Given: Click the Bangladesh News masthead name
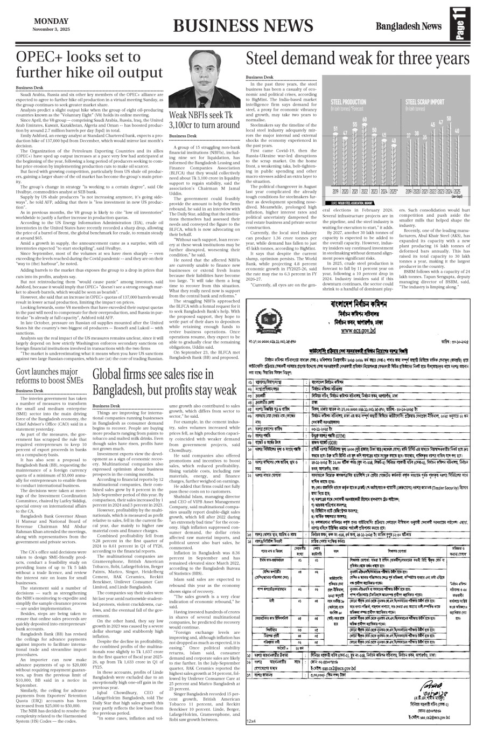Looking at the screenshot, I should pos(408,26).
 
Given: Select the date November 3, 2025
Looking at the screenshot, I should pos(51,28).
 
